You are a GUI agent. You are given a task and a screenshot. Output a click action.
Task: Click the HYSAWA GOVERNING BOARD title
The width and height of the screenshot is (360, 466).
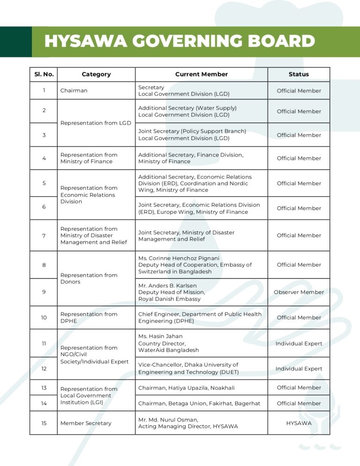coord(180,41)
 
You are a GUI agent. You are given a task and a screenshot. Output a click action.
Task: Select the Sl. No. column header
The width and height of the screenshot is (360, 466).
coord(44,74)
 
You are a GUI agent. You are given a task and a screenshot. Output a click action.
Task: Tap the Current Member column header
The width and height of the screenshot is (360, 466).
coord(202,74)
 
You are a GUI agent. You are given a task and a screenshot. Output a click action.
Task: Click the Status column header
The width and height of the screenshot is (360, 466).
coord(299,74)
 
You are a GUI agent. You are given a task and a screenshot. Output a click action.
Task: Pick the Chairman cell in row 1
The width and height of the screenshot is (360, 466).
coord(74,90)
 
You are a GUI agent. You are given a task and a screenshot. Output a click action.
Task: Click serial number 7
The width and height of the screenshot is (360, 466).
coord(44,235)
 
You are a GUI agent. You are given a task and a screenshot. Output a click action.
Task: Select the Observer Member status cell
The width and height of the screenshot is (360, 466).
coord(299,292)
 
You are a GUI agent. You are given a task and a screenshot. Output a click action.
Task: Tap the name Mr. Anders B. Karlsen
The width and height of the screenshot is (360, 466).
coord(167,286)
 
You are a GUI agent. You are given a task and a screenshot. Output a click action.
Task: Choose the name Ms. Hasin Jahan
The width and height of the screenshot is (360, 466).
coord(160,336)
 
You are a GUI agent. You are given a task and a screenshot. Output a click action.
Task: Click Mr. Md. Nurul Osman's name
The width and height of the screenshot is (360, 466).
coord(168,420)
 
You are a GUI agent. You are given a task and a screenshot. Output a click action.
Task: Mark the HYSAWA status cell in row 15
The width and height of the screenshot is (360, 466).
coord(299,423)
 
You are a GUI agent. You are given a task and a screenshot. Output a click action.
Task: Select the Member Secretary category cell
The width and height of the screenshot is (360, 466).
coord(86,423)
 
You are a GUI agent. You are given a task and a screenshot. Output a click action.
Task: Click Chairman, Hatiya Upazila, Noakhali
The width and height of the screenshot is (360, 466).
coord(187,388)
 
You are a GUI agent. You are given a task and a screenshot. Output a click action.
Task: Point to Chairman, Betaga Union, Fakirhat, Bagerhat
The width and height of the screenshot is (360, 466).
coord(199,403)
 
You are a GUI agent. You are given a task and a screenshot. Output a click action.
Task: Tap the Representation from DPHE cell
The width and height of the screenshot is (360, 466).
coord(89,317)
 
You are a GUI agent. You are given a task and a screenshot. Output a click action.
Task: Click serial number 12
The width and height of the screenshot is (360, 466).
coord(44,368)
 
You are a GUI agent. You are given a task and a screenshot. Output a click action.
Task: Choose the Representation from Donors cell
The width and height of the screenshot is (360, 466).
coord(89,278)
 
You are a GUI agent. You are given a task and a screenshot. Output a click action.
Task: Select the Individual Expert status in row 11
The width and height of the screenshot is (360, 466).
coord(299,344)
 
